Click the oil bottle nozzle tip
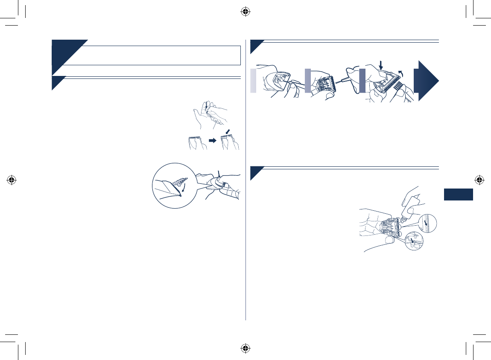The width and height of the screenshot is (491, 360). (x=403, y=220)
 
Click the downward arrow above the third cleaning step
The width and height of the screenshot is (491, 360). (x=382, y=64)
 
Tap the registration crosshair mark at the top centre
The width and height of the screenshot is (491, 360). (x=245, y=12)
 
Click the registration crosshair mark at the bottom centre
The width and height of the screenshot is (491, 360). (x=245, y=348)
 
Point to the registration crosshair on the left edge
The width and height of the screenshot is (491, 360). (x=12, y=180)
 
